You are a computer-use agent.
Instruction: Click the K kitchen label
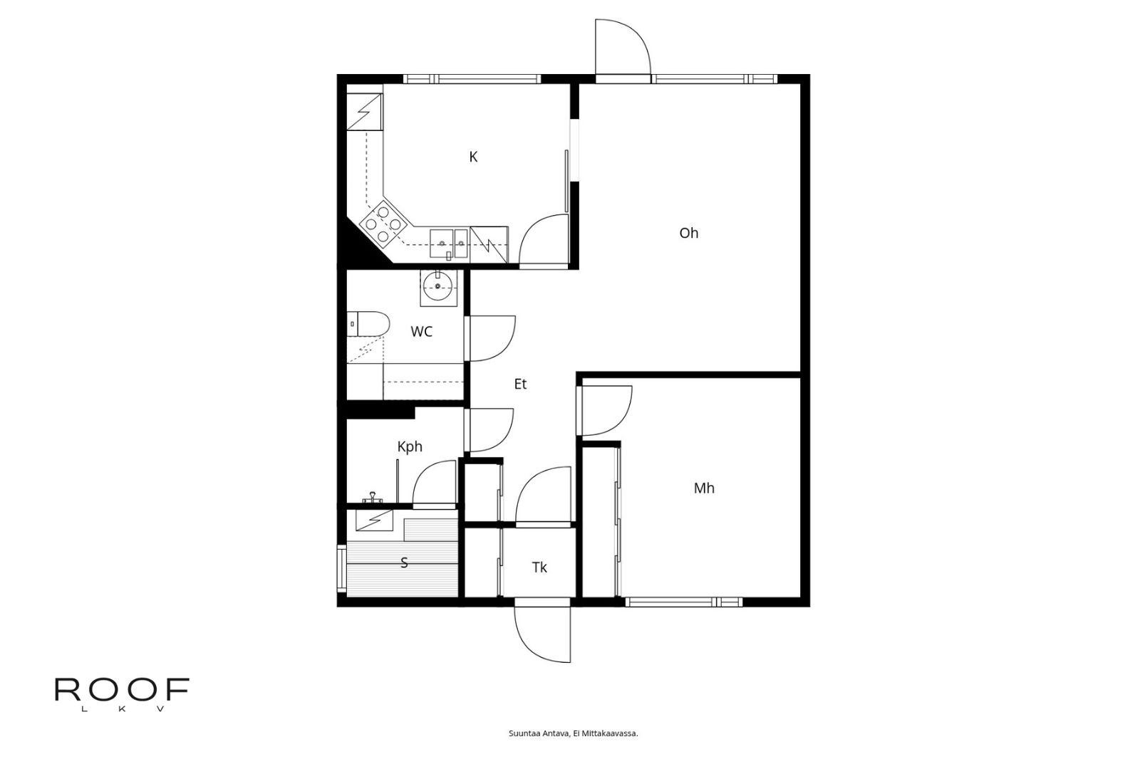[x=473, y=157]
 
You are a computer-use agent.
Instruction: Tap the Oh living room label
[x=688, y=233]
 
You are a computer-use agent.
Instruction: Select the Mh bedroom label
[x=704, y=488]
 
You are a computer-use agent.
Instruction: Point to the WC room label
[x=421, y=332]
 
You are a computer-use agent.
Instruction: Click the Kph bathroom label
[x=410, y=446]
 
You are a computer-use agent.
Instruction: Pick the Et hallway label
[x=520, y=384]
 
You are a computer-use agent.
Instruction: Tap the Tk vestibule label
[x=539, y=567]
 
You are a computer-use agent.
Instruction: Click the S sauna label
[x=404, y=562]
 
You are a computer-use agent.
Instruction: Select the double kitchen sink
[x=448, y=243]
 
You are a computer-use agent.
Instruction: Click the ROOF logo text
[x=122, y=689]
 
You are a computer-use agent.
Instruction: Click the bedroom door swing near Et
[x=606, y=409]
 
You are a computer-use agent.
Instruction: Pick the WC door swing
[x=492, y=337]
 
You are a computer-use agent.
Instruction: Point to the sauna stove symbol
[x=375, y=520]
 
